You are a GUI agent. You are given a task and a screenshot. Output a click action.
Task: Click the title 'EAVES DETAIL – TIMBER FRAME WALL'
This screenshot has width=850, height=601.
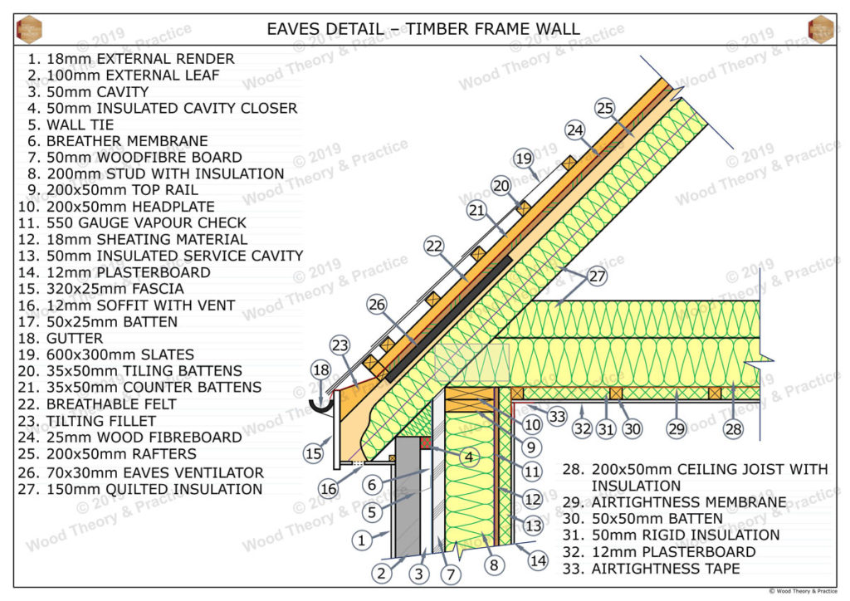[x=423, y=29]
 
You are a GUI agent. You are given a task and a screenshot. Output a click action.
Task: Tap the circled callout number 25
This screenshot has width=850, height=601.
[x=605, y=108]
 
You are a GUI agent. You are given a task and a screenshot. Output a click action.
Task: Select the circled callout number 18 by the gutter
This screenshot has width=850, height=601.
[x=321, y=370]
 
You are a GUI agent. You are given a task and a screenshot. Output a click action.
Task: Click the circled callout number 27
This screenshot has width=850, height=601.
[x=598, y=276]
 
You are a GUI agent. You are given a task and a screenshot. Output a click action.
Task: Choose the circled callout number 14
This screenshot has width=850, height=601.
[x=539, y=561]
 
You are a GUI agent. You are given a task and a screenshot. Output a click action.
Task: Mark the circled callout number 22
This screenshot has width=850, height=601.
[x=434, y=246]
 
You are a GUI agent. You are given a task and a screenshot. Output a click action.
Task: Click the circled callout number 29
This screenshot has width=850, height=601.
[x=677, y=428]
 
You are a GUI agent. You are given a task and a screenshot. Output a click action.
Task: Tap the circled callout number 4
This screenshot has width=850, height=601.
[x=469, y=457]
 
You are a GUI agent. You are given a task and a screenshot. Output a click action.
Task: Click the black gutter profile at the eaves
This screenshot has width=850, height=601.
[x=321, y=404]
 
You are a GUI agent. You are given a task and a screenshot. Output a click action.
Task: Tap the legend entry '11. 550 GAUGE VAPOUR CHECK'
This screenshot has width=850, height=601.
[x=132, y=223]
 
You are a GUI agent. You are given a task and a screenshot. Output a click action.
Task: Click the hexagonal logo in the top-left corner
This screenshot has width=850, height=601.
[x=29, y=28]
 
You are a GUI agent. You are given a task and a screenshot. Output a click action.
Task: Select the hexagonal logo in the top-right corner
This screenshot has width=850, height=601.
[x=820, y=28]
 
